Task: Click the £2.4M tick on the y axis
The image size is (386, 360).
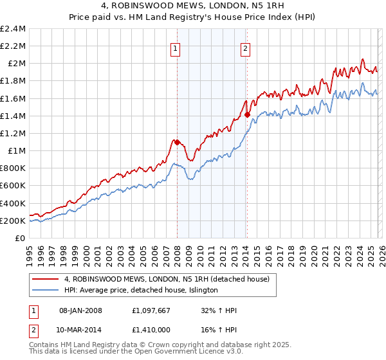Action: point(14,29)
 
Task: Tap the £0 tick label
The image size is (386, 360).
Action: point(21,239)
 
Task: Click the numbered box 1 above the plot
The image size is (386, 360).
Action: point(176,47)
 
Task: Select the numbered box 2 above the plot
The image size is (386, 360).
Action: point(246,47)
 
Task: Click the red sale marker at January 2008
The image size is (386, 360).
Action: point(177,142)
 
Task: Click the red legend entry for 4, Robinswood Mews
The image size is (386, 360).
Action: point(170,279)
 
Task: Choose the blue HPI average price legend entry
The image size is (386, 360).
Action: point(141,291)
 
